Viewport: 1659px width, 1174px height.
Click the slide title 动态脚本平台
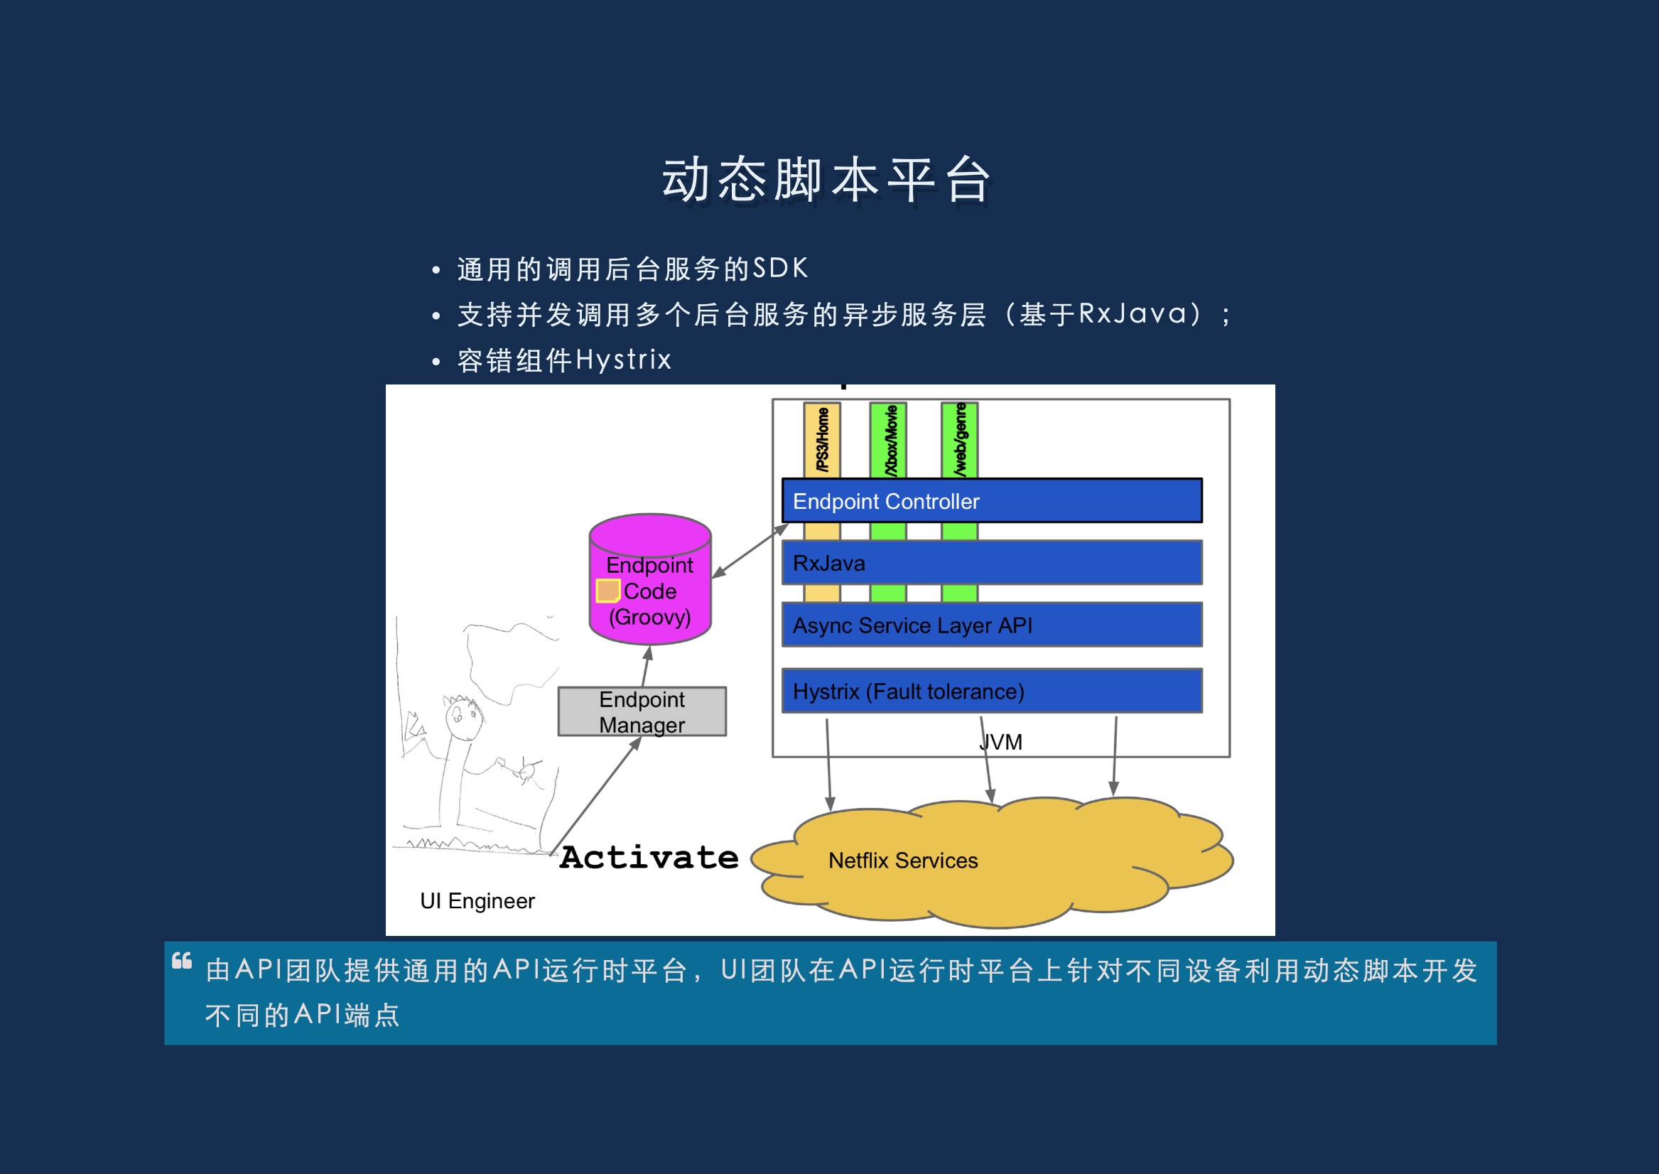click(826, 179)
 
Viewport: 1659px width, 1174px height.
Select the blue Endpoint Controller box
click(991, 500)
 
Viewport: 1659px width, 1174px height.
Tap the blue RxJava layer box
click(991, 562)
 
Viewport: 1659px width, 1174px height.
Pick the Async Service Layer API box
click(991, 625)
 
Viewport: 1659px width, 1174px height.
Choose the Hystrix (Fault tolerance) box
click(991, 691)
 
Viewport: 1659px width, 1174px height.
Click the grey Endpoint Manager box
click(642, 711)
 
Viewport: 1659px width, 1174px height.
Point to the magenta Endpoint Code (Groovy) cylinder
click(650, 579)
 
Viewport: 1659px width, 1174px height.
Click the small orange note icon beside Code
click(607, 591)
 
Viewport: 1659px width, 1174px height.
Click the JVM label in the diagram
click(1001, 743)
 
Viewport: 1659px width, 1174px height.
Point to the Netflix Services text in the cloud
click(903, 861)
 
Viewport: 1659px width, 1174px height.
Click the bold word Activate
click(649, 857)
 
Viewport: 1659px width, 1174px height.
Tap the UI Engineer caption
click(477, 900)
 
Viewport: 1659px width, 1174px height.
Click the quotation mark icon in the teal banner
click(182, 961)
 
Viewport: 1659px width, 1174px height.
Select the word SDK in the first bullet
click(780, 268)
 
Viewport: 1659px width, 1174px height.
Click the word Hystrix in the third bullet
click(624, 360)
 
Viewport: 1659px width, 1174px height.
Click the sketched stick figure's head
click(463, 717)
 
